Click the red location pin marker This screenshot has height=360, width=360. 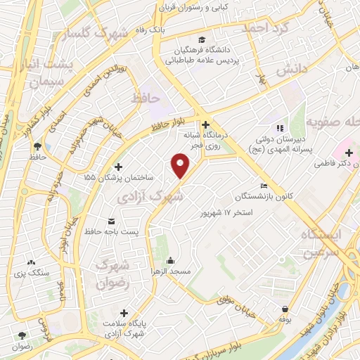(x=181, y=167)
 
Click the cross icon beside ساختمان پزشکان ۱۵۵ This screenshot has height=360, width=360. (x=117, y=167)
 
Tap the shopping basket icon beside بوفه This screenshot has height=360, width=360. (x=285, y=309)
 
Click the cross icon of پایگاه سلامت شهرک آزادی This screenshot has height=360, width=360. (x=124, y=314)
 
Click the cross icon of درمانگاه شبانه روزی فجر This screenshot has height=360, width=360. (x=204, y=124)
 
